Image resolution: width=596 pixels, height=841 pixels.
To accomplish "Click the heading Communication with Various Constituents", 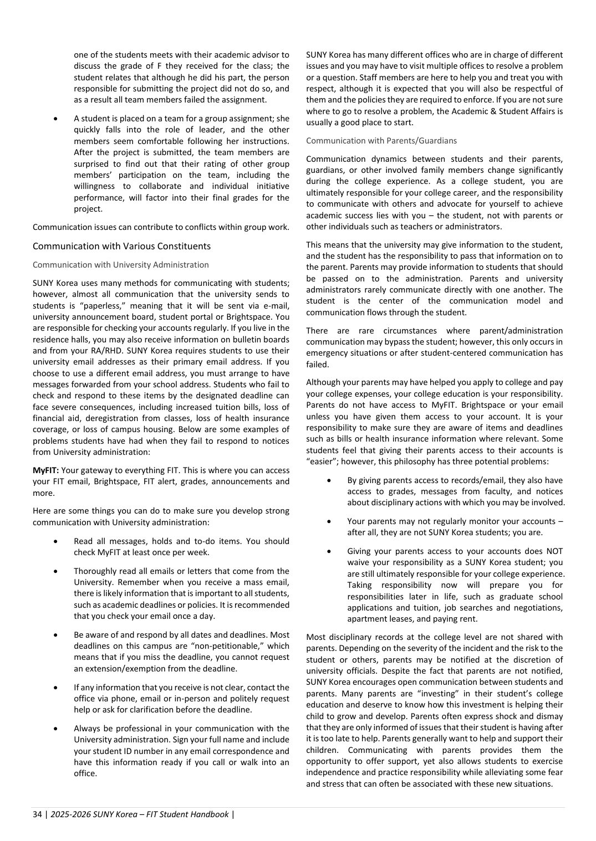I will [x=121, y=246].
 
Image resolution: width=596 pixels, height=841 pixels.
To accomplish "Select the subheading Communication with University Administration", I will [x=120, y=265].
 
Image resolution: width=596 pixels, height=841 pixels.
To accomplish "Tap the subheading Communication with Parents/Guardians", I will [x=381, y=141].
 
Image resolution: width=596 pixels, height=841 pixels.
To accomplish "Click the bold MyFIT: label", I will [x=46, y=470].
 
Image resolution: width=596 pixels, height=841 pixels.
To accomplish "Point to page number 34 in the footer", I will [x=37, y=814].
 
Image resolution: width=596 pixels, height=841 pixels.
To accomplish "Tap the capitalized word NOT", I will [x=553, y=551].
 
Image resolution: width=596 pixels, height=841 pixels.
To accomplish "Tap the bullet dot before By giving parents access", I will [x=329, y=480].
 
